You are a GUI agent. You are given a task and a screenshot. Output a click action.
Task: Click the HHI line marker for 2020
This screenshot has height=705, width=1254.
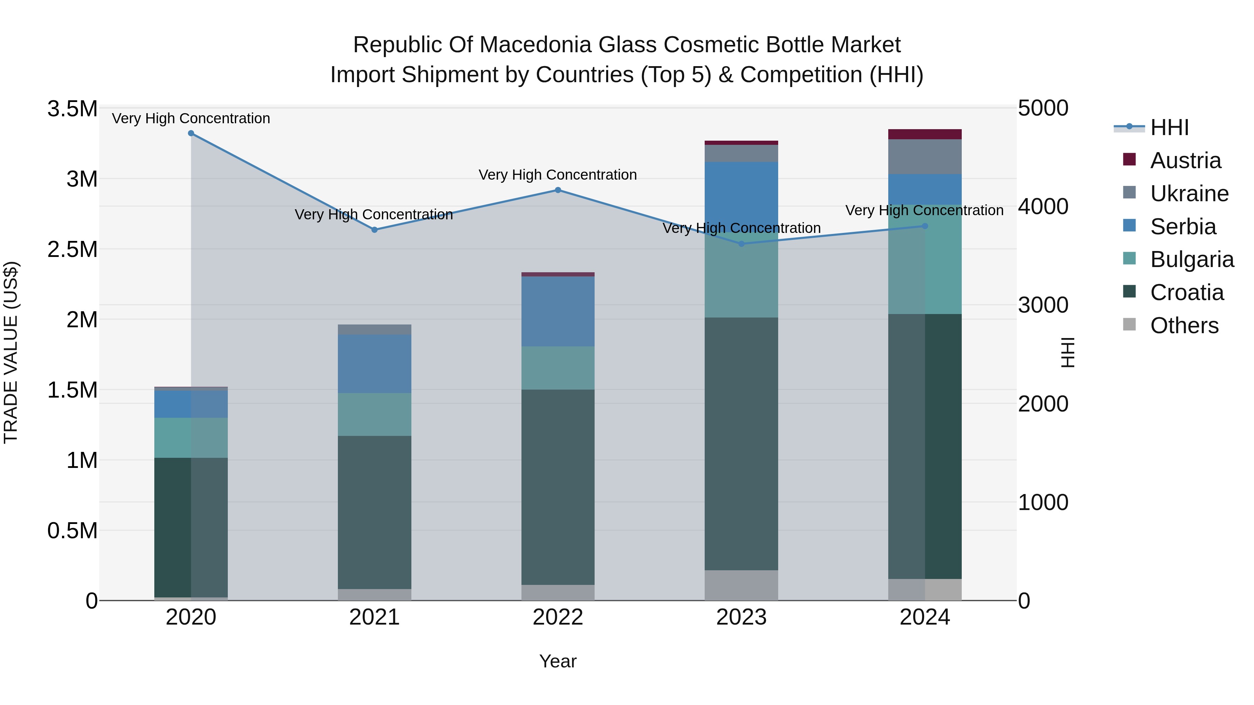pyautogui.click(x=191, y=133)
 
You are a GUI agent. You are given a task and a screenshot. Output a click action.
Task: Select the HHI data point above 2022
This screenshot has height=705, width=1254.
pyautogui.click(x=558, y=190)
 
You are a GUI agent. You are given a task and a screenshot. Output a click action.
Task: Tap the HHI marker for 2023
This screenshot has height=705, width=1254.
pyautogui.click(x=741, y=244)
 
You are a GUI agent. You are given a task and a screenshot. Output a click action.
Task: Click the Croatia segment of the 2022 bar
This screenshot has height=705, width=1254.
pyautogui.click(x=558, y=487)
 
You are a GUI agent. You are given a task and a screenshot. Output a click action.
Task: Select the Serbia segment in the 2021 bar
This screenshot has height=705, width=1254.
pyautogui.click(x=374, y=363)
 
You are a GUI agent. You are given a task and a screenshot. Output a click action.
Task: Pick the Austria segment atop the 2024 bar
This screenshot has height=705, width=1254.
pyautogui.click(x=924, y=134)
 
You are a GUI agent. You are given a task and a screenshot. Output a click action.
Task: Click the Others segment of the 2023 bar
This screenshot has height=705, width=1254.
pyautogui.click(x=741, y=585)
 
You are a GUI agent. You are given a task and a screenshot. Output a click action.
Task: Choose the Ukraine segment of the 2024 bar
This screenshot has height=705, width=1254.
pyautogui.click(x=924, y=157)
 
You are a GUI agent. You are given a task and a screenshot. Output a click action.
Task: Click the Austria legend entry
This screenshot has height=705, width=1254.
pyautogui.click(x=1185, y=160)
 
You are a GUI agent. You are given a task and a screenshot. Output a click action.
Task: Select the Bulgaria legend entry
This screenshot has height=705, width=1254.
pyautogui.click(x=1191, y=259)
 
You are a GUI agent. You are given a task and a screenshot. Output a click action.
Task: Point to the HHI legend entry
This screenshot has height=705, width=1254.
pyautogui.click(x=1169, y=127)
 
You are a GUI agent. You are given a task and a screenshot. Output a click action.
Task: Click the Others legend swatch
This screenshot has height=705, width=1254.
pyautogui.click(x=1129, y=324)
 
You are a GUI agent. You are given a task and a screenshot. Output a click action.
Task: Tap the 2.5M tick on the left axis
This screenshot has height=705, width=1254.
pyautogui.click(x=72, y=249)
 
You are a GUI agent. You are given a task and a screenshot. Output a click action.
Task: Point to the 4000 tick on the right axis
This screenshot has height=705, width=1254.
pyautogui.click(x=1043, y=207)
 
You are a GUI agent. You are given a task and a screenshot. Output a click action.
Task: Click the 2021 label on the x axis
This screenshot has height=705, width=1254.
pyautogui.click(x=374, y=617)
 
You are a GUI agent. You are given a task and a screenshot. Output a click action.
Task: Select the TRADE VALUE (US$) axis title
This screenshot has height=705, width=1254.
pyautogui.click(x=11, y=352)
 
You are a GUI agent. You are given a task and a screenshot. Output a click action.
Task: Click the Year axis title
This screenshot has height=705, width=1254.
pyautogui.click(x=558, y=661)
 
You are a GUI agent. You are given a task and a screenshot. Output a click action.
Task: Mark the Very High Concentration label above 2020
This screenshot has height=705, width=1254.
pyautogui.click(x=191, y=118)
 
